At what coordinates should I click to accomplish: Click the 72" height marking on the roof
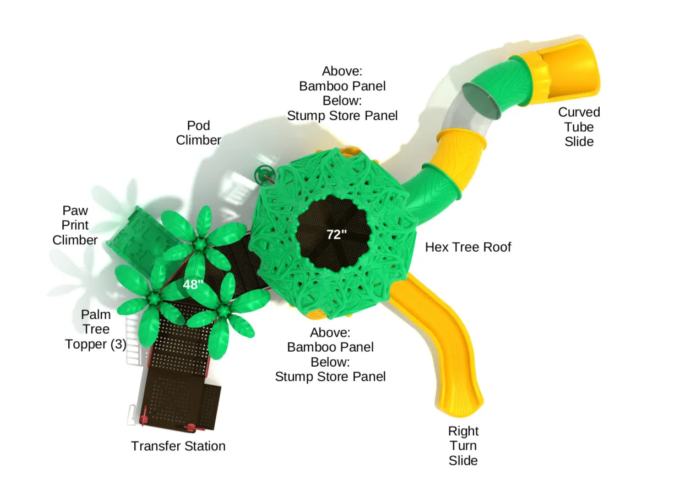[x=336, y=234]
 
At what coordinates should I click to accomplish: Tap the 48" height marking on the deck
[x=193, y=285]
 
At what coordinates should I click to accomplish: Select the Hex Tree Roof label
[x=467, y=247]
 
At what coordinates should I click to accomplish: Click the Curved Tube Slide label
[x=579, y=127]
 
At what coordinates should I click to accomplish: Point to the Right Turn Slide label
[x=463, y=445]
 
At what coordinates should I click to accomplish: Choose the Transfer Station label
[x=178, y=446]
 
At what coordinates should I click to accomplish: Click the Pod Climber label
[x=198, y=133]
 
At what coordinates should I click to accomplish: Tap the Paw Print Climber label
[x=75, y=225]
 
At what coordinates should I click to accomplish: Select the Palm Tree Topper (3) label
[x=96, y=329]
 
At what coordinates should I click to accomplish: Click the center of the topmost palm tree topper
[x=199, y=243]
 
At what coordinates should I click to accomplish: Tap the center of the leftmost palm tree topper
[x=153, y=298]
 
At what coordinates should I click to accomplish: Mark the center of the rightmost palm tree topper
[x=222, y=311]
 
